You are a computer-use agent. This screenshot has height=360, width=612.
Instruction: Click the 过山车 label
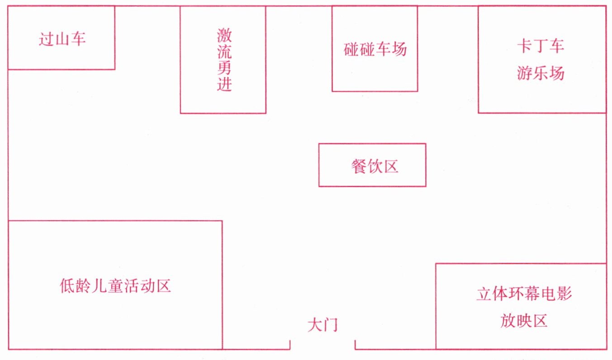click(62, 39)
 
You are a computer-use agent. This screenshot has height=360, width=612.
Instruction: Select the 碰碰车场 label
click(375, 49)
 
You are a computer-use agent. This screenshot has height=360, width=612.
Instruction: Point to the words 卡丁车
click(541, 46)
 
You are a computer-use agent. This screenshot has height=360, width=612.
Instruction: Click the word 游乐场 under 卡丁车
click(541, 73)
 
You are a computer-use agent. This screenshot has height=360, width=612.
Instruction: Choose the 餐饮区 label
click(374, 166)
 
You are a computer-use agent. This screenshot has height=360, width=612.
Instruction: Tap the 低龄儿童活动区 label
click(115, 286)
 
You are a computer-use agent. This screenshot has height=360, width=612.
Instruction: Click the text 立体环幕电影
click(524, 294)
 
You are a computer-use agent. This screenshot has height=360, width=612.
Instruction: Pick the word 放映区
click(524, 321)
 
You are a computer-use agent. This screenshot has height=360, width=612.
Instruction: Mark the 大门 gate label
click(323, 325)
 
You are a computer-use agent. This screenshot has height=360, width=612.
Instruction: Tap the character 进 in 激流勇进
click(224, 84)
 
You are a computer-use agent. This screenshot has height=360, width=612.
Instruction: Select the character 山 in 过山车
click(62, 39)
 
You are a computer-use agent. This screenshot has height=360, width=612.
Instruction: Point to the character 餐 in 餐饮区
click(358, 166)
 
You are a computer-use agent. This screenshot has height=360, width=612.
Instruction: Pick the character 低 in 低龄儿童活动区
click(67, 286)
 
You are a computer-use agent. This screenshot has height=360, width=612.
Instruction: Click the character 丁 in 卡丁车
click(541, 46)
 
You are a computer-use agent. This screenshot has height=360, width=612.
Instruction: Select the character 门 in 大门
click(331, 325)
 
